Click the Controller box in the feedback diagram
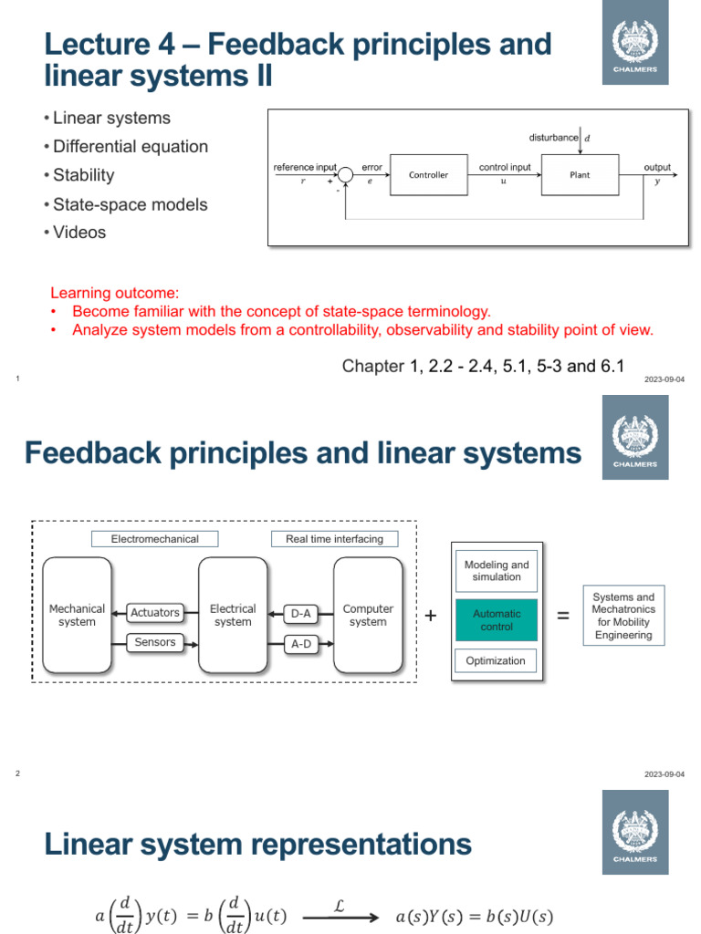click(428, 175)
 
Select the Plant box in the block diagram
click(580, 175)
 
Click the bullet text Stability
click(83, 175)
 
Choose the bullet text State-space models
click(130, 204)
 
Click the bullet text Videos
click(79, 233)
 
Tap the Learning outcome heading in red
click(115, 293)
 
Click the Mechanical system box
click(77, 616)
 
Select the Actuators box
click(154, 613)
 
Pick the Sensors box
click(154, 642)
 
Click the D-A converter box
click(300, 614)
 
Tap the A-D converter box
click(300, 644)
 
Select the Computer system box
click(368, 616)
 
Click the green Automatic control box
click(497, 620)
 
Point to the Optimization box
click(497, 660)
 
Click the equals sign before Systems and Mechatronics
click(562, 617)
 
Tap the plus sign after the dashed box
click(431, 617)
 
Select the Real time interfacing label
click(334, 539)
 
